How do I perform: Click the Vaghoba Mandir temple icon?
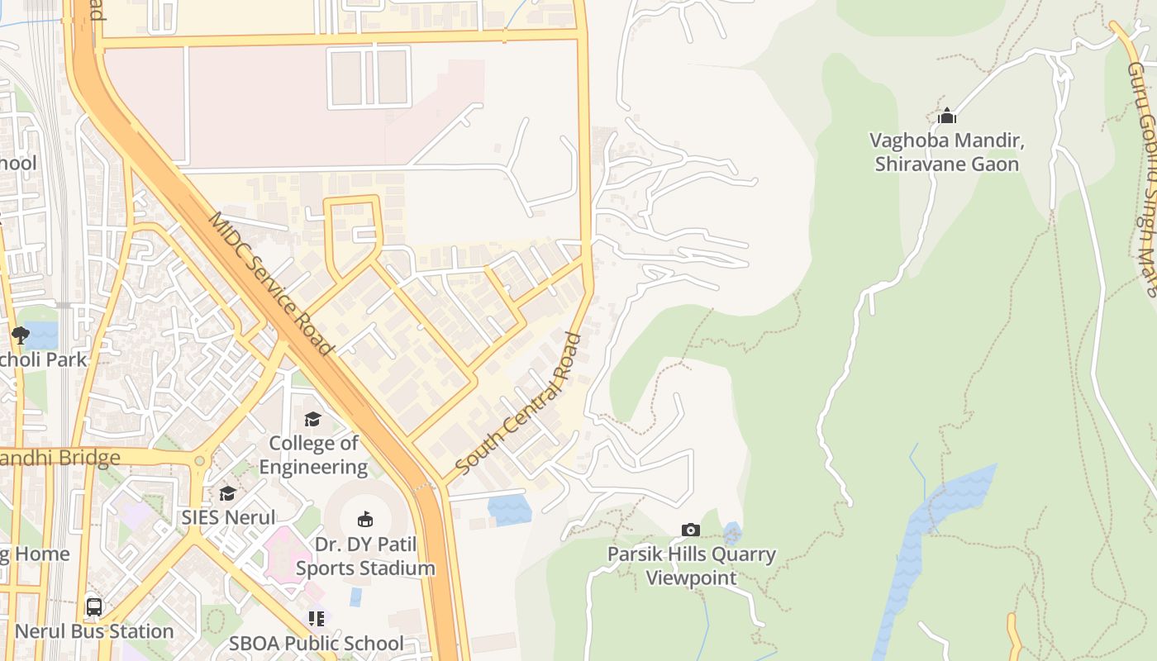click(947, 117)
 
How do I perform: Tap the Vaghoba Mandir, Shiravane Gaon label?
click(947, 152)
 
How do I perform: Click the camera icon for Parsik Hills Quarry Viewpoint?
click(691, 530)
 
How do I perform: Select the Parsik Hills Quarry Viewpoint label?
click(692, 565)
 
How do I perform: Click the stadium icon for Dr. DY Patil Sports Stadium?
click(364, 519)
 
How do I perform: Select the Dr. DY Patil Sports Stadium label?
click(365, 556)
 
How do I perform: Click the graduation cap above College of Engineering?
click(312, 420)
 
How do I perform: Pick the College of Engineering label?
click(313, 454)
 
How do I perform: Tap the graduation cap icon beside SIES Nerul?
click(227, 493)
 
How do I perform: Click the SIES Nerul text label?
click(228, 518)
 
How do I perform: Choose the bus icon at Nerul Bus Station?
click(94, 607)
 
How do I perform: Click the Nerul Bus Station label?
click(94, 631)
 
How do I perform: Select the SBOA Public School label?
click(317, 643)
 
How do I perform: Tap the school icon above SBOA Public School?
click(317, 618)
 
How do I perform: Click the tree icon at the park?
click(21, 335)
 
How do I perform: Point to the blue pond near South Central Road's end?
click(509, 509)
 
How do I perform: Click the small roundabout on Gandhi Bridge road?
click(199, 460)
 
